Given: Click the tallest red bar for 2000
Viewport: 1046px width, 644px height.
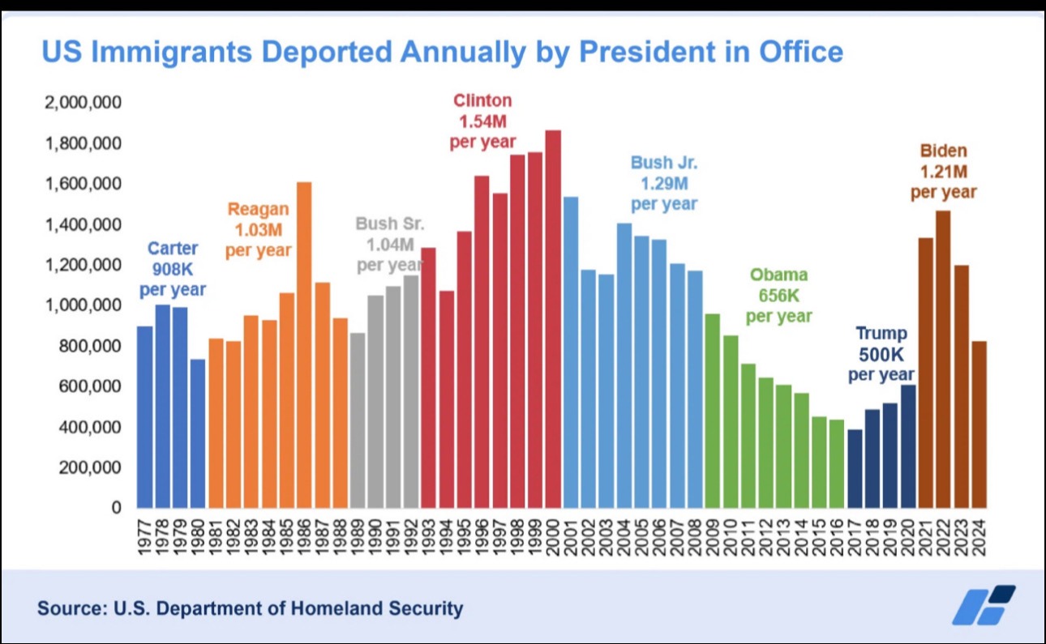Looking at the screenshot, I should point(553,319).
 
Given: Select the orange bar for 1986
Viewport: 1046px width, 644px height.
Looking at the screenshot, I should point(304,345).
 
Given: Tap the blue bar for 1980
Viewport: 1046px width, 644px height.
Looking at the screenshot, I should point(198,433).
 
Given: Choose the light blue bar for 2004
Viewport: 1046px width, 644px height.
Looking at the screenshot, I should point(624,365).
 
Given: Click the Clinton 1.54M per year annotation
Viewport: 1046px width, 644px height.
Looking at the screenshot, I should point(482,121).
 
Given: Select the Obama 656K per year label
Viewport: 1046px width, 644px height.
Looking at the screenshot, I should point(778,296).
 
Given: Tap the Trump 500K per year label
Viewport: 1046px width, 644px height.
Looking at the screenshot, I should point(881,354).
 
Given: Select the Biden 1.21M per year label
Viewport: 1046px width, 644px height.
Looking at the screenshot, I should point(943,172).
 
